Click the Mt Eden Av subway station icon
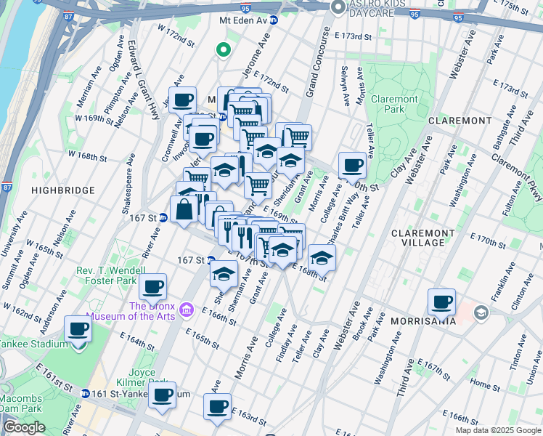point(274,20)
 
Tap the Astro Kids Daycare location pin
point(338,7)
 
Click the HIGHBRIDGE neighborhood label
point(63,190)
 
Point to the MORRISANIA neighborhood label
point(401,320)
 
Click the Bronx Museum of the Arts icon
point(187,310)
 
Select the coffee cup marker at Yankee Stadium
point(78,328)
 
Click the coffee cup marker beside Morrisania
point(441,301)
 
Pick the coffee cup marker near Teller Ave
point(352,164)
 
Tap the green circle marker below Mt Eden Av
point(224,50)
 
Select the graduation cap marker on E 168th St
point(322,257)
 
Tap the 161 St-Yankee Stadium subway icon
point(86,394)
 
